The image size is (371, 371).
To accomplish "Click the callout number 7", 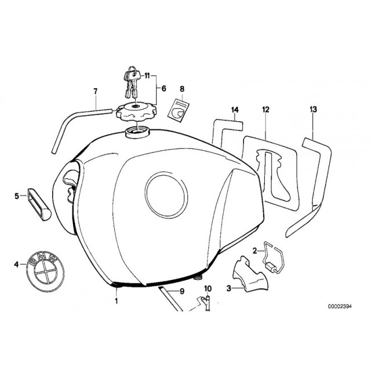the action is (95, 91).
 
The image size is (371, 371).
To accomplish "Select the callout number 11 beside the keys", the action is (147, 76).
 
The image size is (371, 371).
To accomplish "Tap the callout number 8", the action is (181, 89).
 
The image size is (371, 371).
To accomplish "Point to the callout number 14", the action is (235, 110).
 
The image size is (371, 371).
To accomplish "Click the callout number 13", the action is (313, 110).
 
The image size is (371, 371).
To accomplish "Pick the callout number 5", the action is (17, 196).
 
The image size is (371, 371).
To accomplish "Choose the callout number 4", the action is (16, 264).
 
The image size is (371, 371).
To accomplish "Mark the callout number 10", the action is (208, 289).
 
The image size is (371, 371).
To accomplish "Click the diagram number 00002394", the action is (340, 307).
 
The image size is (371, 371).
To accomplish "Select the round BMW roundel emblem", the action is (45, 271).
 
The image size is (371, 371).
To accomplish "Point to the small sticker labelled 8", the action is (179, 111).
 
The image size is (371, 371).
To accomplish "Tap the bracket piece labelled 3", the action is (251, 274).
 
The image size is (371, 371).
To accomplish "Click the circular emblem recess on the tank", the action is (166, 195).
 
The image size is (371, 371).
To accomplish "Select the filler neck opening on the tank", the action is (137, 132).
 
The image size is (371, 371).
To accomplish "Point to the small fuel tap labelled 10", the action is (206, 303).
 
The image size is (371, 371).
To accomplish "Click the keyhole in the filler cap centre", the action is (135, 106).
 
